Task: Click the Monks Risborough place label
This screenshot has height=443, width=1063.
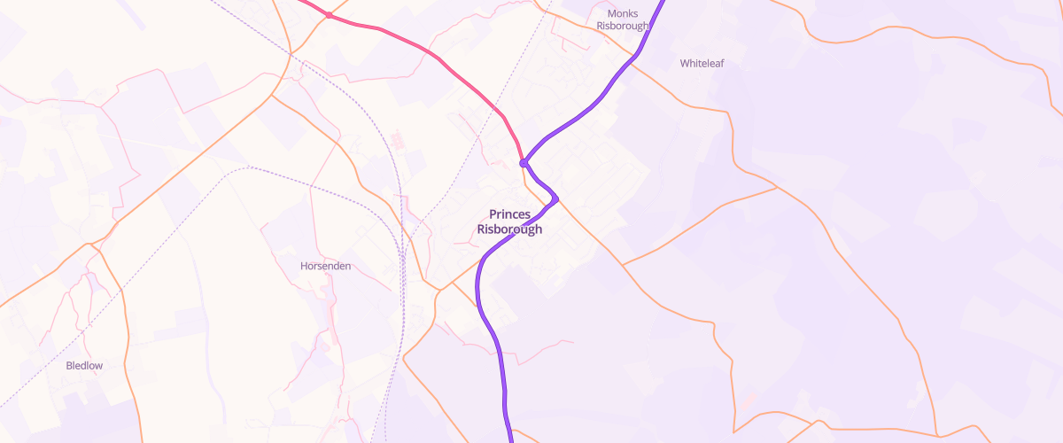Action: point(623,19)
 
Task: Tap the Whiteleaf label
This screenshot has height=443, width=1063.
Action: point(702,64)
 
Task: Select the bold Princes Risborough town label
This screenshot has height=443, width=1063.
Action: point(509,221)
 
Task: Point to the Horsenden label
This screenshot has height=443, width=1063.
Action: point(326,266)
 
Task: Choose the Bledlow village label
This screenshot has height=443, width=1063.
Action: point(85,365)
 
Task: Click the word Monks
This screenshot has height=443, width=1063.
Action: point(623,13)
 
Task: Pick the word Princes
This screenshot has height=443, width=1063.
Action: point(509,214)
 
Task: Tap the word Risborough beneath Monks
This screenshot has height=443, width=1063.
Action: point(623,27)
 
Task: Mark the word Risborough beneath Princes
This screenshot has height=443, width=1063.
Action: point(509,229)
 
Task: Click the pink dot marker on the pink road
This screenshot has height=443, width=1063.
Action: point(329,15)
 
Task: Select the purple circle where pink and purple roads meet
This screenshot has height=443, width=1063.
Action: point(524,163)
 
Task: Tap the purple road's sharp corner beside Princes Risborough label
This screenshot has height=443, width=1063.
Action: point(556,198)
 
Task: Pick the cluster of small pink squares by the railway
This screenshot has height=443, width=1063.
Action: point(396,140)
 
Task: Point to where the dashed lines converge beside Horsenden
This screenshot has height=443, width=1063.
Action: point(402,258)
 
